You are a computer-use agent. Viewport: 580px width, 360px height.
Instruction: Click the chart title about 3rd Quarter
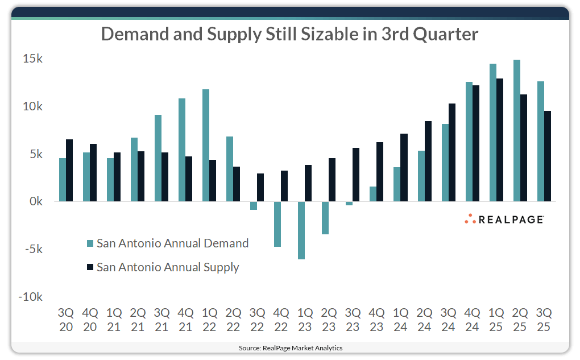coord(289,35)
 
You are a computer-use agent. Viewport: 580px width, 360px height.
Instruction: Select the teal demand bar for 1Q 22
coord(206,145)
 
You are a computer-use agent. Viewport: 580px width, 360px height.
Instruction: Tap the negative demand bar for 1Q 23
coord(301,230)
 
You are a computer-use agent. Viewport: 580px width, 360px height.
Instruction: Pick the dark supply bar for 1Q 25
coord(499,140)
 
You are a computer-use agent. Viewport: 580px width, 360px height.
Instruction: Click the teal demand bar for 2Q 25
coord(516,130)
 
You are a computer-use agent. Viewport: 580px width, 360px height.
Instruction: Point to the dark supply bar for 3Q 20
coord(69,170)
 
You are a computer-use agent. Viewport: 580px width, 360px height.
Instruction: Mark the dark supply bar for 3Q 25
coord(547,156)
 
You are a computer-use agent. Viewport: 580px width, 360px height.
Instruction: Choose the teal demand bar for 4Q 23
coord(373,194)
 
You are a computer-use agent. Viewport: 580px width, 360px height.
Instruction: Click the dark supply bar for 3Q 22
coord(260,187)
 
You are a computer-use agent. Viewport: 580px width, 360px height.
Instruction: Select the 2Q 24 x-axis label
coord(424,320)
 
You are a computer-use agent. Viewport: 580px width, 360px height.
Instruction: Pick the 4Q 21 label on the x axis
coord(185,320)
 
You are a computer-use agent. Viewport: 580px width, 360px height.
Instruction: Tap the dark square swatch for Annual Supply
coord(89,267)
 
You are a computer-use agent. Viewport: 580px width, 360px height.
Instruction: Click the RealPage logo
coord(504,219)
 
